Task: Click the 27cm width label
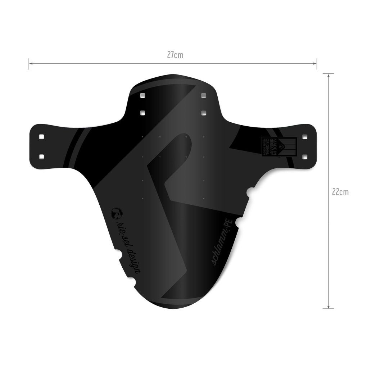(x=175, y=55)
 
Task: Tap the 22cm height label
(x=340, y=192)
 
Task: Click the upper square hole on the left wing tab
(x=41, y=137)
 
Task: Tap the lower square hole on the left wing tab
(x=41, y=156)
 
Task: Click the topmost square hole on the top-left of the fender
(x=142, y=96)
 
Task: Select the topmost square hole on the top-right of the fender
(x=203, y=96)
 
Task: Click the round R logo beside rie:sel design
(x=117, y=213)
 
